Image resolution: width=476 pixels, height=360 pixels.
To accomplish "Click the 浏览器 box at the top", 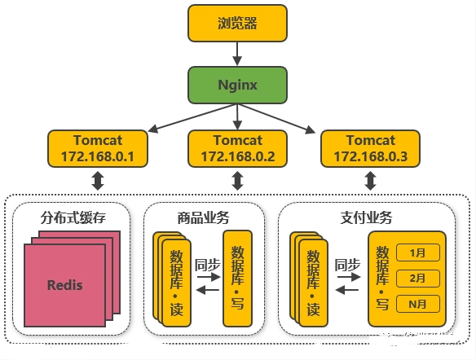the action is pyautogui.click(x=237, y=23).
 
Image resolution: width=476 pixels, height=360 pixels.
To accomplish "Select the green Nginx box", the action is pyautogui.click(x=237, y=85).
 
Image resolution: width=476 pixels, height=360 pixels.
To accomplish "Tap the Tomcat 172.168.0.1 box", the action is pyautogui.click(x=98, y=148).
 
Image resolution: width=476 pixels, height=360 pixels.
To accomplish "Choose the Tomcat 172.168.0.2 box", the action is pyautogui.click(x=237, y=148).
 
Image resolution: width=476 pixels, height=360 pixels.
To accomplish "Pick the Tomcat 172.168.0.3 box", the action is pyautogui.click(x=370, y=148).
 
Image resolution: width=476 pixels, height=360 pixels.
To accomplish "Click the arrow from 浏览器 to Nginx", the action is pyautogui.click(x=237, y=54).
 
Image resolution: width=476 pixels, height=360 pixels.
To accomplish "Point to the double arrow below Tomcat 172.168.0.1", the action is pyautogui.click(x=98, y=181).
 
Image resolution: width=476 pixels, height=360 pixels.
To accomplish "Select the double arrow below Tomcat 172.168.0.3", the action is pyautogui.click(x=370, y=181).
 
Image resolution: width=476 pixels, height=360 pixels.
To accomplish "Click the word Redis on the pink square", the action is pyautogui.click(x=65, y=285).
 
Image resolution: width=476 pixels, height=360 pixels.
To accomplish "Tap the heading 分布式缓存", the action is pyautogui.click(x=73, y=217).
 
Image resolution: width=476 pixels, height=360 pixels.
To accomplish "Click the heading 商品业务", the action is pyautogui.click(x=204, y=217).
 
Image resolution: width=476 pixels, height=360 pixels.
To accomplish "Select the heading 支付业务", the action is pyautogui.click(x=367, y=217).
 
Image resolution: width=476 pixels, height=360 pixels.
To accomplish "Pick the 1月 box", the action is pyautogui.click(x=417, y=252).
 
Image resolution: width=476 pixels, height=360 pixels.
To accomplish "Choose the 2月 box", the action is pyautogui.click(x=417, y=278).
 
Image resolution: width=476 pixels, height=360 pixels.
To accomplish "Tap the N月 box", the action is pyautogui.click(x=417, y=304).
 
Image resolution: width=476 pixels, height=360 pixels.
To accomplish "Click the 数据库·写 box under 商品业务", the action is pyautogui.click(x=238, y=279).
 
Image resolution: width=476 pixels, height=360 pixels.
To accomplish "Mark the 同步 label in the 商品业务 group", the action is pyautogui.click(x=207, y=265).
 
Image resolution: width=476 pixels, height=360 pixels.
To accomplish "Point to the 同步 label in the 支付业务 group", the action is pyautogui.click(x=347, y=265).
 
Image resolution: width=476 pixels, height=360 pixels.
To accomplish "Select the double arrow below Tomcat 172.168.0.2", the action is pyautogui.click(x=237, y=181).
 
